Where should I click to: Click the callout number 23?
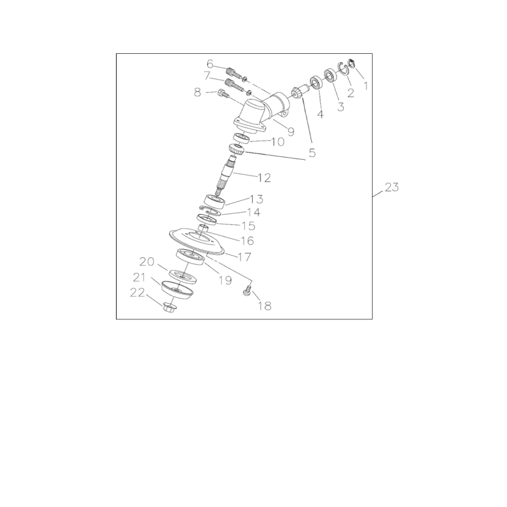point(392,188)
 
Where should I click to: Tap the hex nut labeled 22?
point(169,309)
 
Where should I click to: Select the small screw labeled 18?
point(248,292)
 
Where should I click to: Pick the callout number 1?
point(364,83)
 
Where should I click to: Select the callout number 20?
point(147,262)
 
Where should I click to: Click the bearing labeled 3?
point(330,75)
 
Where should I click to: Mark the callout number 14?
point(235,212)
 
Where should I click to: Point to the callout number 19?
point(225,279)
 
